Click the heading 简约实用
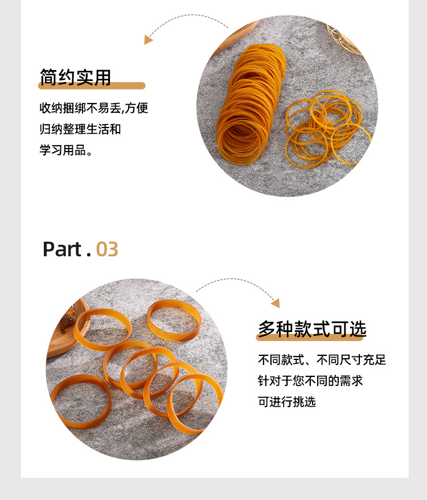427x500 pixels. (x=75, y=76)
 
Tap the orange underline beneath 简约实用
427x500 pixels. (x=92, y=86)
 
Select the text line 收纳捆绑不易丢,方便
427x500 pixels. (x=93, y=108)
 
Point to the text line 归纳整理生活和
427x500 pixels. (x=80, y=129)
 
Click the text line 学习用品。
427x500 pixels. (x=66, y=151)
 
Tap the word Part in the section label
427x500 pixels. (x=63, y=249)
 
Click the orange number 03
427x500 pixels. (x=107, y=249)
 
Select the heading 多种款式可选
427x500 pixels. (x=312, y=329)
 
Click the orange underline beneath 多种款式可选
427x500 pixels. (x=312, y=338)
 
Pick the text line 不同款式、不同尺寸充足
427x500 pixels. (x=322, y=360)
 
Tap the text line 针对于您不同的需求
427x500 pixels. (x=310, y=380)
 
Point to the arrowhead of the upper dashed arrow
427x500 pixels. (x=149, y=40)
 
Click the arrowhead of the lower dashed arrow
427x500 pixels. (x=276, y=304)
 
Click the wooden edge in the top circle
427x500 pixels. (x=233, y=37)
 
